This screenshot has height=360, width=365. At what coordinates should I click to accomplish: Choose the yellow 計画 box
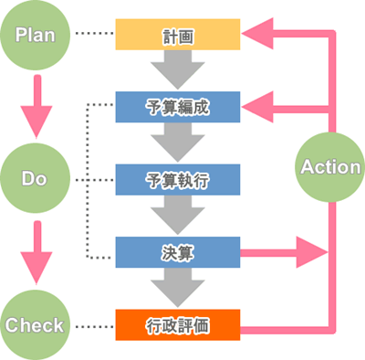[177, 36]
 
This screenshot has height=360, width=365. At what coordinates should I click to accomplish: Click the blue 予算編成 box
[177, 107]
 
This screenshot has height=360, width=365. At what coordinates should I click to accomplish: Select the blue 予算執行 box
[177, 179]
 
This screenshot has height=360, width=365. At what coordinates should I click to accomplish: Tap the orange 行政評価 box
[177, 324]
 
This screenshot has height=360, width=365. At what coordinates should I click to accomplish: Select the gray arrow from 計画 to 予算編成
[177, 70]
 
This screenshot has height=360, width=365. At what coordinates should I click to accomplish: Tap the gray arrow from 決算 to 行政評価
[177, 287]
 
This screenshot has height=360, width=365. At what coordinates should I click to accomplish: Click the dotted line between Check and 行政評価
[94, 324]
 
